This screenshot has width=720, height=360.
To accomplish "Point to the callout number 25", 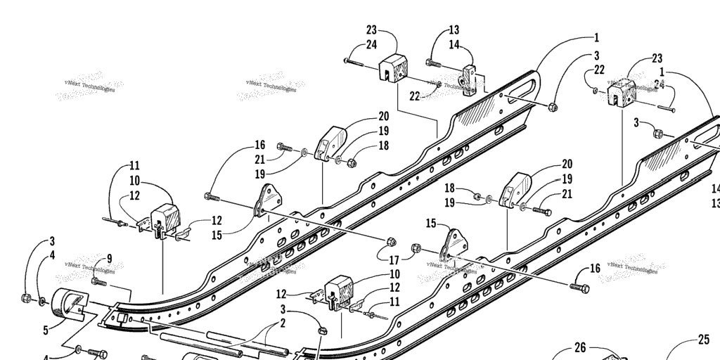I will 704,340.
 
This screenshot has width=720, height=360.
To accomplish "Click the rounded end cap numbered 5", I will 67,307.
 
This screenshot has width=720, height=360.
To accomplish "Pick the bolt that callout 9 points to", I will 98,281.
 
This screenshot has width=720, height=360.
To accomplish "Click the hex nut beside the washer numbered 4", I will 26,298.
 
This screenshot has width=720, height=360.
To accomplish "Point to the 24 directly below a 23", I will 371,46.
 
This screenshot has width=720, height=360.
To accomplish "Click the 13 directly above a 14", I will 454,30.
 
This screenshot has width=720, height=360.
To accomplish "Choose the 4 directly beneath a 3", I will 52,255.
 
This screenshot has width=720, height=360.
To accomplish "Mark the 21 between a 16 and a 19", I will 260,160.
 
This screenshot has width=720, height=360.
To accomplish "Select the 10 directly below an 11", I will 134,181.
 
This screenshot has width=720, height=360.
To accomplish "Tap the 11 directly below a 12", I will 394,301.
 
